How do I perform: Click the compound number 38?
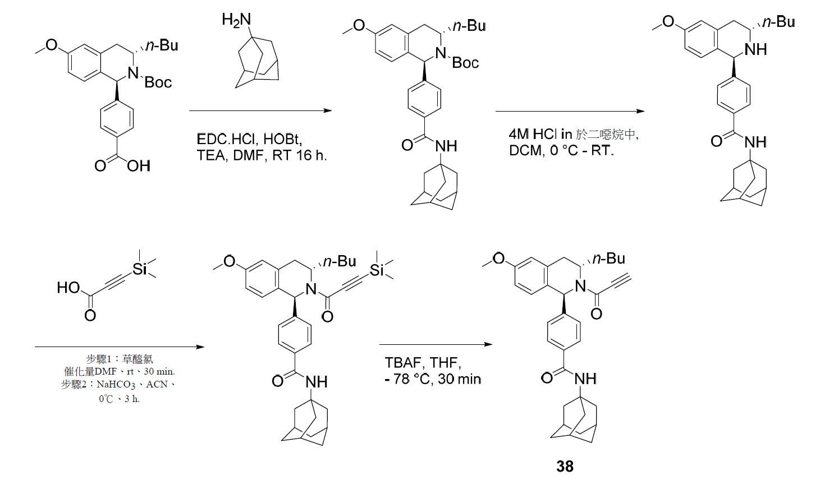click(x=565, y=467)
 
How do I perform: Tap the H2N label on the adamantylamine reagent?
click(x=236, y=20)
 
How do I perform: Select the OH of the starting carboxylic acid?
click(x=139, y=166)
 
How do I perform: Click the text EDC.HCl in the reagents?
click(x=226, y=139)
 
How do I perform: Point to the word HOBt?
click(x=282, y=139)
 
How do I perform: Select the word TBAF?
click(x=402, y=363)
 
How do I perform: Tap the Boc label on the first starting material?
click(x=158, y=82)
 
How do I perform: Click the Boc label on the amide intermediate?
click(x=465, y=63)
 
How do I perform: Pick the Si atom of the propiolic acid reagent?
click(x=140, y=270)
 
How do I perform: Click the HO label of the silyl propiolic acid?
click(x=68, y=288)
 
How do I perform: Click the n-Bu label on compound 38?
click(x=608, y=258)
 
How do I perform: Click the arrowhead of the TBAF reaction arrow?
click(x=488, y=344)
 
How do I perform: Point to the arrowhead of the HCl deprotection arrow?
click(x=640, y=111)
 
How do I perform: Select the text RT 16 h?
click(x=300, y=155)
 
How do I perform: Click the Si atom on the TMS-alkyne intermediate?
click(x=377, y=271)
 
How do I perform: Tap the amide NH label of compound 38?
click(x=585, y=379)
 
